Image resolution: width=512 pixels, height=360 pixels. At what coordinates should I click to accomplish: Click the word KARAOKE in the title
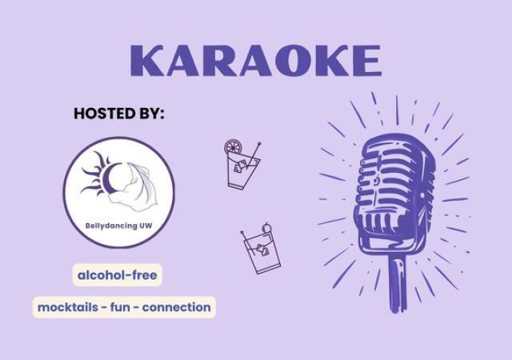point(255,62)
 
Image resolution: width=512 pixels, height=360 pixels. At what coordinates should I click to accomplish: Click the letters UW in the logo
point(145,225)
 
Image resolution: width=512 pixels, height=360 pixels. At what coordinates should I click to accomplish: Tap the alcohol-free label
point(118,276)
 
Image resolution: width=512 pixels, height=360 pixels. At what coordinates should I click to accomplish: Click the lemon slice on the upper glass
point(232,148)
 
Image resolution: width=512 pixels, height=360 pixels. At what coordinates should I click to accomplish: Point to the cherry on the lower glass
point(268,225)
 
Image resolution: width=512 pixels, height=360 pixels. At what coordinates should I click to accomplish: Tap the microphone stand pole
point(394,284)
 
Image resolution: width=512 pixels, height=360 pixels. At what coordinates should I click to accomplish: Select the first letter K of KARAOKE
point(146,62)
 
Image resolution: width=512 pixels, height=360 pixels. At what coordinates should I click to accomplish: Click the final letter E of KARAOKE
point(366,62)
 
